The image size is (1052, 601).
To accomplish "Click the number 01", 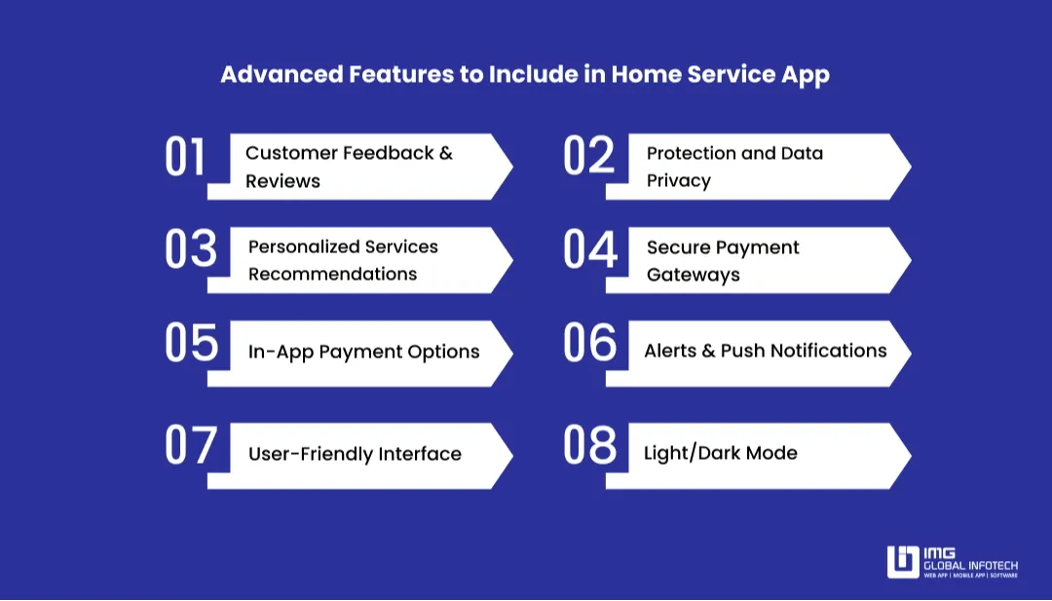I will [185, 158].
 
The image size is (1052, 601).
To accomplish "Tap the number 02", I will [589, 158].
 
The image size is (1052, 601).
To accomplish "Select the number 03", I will [190, 250].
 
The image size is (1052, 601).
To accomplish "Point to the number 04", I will [590, 250].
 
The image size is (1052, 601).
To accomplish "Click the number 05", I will [191, 344].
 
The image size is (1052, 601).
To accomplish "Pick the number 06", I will [590, 344].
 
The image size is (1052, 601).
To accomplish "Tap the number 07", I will [190, 447].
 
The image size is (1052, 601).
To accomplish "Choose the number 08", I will [590, 447].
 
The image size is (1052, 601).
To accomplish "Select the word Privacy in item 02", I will [678, 181].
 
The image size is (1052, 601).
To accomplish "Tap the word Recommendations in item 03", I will [332, 275].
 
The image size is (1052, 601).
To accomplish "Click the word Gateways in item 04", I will [693, 275].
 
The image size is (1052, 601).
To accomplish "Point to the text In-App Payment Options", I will [363, 352].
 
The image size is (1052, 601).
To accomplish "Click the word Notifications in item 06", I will [828, 351].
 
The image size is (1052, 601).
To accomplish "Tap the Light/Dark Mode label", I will [720, 453].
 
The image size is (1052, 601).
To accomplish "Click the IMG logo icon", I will [903, 562].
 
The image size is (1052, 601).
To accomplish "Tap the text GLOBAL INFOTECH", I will [970, 565].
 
